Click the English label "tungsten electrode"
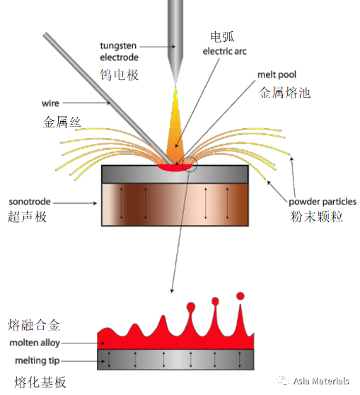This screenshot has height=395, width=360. (x=119, y=52)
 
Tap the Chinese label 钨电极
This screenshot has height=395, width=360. (x=119, y=75)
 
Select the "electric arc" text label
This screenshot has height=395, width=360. (x=225, y=52)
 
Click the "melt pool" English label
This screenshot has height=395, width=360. (x=277, y=75)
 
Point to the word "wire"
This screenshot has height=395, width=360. (x=50, y=103)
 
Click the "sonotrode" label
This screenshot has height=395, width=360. (x=30, y=202)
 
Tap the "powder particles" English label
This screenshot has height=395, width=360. (x=323, y=202)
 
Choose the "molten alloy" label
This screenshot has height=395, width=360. (x=35, y=343)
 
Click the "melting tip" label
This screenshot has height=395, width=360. (x=37, y=361)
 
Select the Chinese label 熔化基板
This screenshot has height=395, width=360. (x=40, y=382)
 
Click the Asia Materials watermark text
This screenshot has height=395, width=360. (x=321, y=381)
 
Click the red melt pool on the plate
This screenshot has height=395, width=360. (x=175, y=168)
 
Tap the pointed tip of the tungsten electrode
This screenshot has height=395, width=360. (x=175, y=83)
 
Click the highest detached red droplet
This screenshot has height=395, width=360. (x=240, y=296)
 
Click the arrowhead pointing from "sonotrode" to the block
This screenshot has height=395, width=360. (x=95, y=203)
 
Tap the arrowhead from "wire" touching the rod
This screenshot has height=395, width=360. (x=108, y=103)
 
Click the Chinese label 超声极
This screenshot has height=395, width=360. (x=27, y=217)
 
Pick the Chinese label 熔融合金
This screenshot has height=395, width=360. (x=34, y=325)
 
